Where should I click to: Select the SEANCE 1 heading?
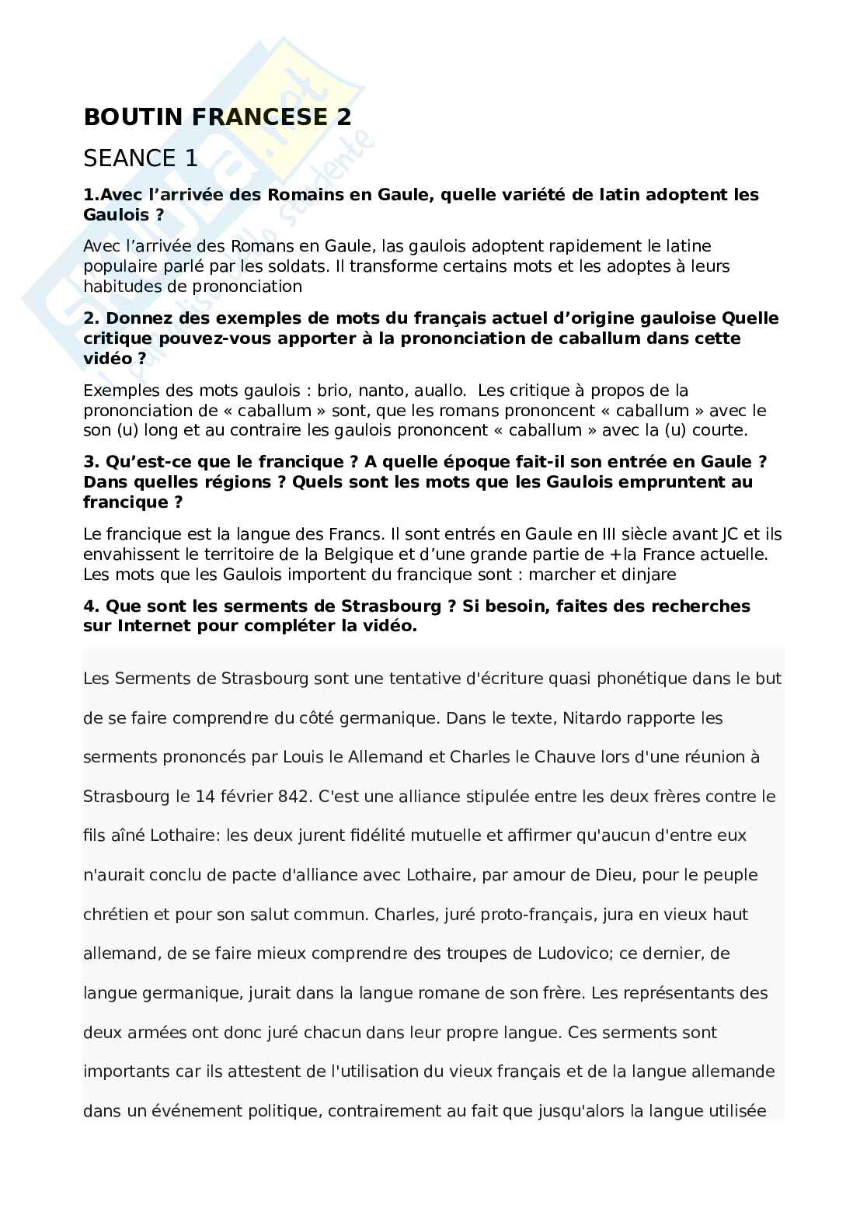141,158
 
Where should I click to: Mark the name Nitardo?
587,718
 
